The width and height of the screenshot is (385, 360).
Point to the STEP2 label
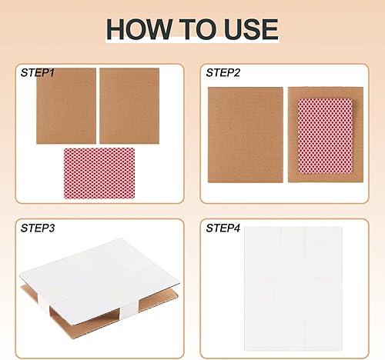tap(224, 72)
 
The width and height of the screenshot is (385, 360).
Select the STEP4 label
tap(224, 228)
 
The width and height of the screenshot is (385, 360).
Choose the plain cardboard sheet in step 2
tap(245, 135)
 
